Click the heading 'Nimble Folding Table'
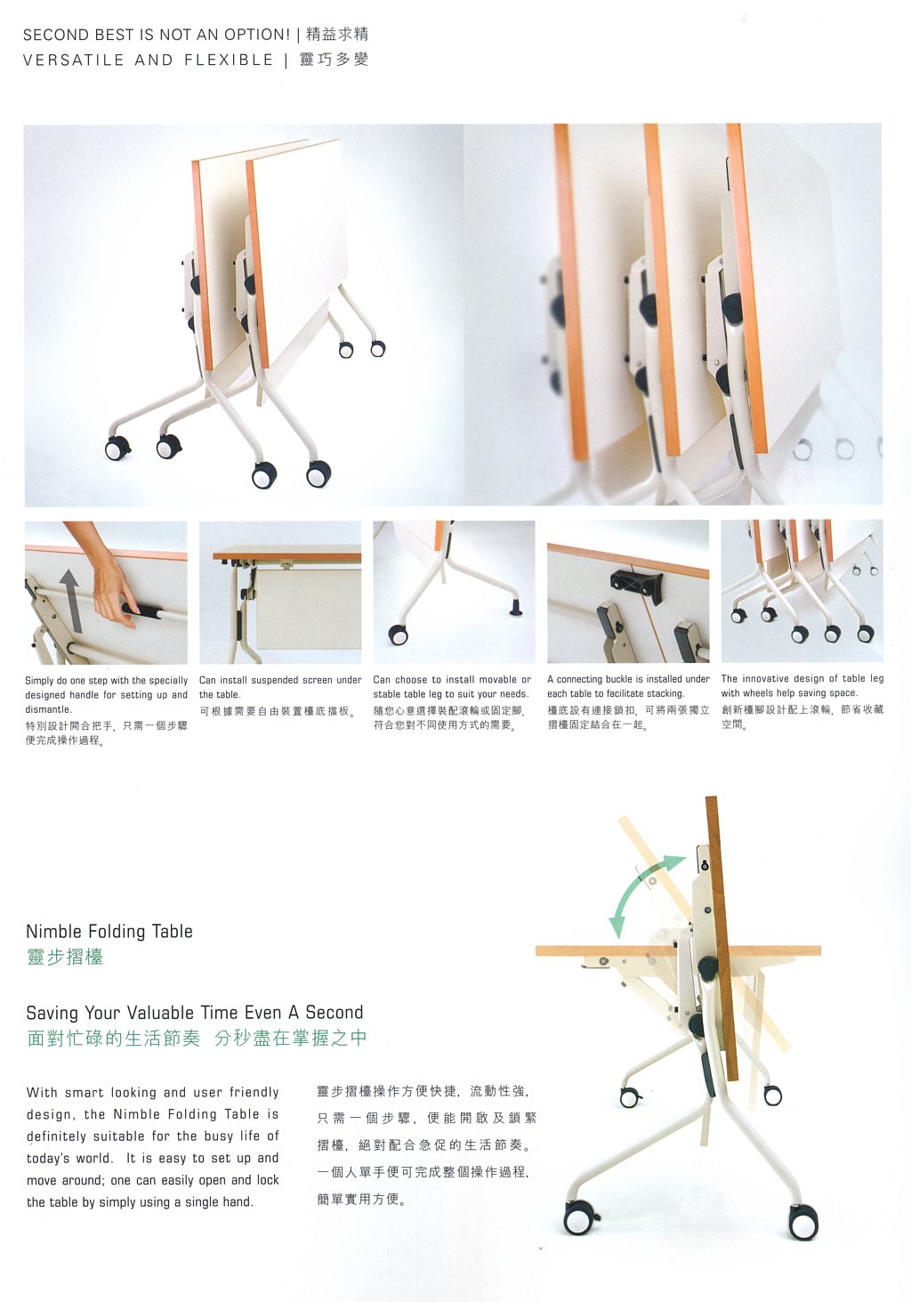[x=109, y=931]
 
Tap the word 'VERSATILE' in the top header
[x=73, y=60]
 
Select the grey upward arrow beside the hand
[x=70, y=601]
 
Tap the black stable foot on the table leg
[x=516, y=608]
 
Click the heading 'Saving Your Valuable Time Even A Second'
[x=195, y=1013]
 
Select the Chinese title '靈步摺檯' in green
[x=65, y=957]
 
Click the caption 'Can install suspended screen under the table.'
[x=280, y=687]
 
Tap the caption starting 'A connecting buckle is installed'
[x=628, y=686]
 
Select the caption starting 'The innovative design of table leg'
[x=802, y=685]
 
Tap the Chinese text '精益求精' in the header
[x=337, y=35]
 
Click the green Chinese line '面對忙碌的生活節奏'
[x=114, y=1038]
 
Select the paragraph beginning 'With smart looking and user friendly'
[x=153, y=1147]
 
